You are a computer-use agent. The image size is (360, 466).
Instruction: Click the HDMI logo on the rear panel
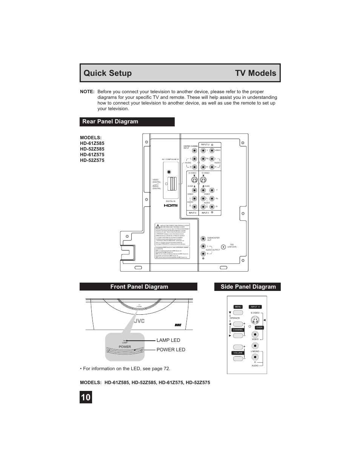tap(171, 206)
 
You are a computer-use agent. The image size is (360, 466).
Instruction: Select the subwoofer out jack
tap(203, 238)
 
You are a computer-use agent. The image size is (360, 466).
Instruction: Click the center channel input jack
tap(194, 150)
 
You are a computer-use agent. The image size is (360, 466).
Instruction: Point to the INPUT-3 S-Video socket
tap(194, 179)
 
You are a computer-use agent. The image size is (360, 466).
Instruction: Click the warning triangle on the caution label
tap(158, 226)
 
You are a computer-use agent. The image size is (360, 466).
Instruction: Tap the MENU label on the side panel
tap(238, 307)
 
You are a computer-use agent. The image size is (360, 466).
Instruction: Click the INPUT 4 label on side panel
tap(255, 307)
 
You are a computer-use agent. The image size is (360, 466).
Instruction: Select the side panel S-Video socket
tap(255, 320)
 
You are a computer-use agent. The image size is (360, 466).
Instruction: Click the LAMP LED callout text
tap(168, 340)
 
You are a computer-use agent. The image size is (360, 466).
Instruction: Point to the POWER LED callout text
tap(171, 350)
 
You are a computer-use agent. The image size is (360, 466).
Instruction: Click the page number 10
tap(86, 397)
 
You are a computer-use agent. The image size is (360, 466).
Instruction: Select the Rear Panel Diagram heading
tap(110, 121)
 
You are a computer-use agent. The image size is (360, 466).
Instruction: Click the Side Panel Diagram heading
tap(248, 287)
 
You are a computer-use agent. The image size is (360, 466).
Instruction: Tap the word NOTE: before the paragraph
tap(87, 92)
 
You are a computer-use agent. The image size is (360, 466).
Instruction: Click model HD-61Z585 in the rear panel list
tap(92, 143)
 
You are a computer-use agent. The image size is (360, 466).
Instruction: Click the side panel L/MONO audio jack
tap(255, 357)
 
